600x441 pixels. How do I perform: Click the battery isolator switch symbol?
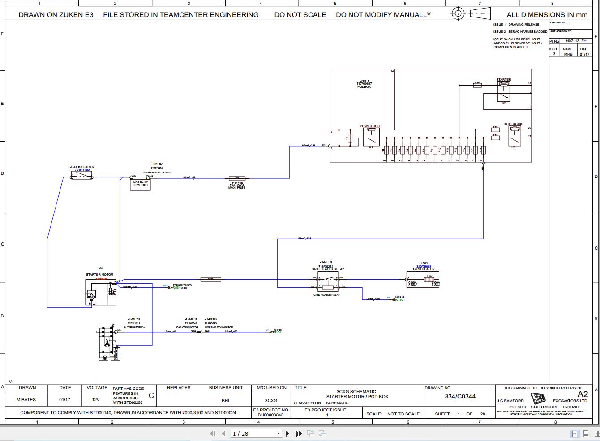coord(82,177)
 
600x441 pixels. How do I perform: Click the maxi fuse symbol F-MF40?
coord(237,178)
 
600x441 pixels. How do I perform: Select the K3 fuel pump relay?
coord(513,136)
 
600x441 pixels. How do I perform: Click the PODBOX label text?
coord(364,86)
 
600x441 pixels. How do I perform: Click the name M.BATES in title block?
coord(26,399)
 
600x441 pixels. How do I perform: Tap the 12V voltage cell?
coord(96,399)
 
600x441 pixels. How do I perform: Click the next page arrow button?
coord(287,433)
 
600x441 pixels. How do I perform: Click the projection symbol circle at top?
coord(458,13)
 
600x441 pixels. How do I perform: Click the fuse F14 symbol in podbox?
coord(478,85)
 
